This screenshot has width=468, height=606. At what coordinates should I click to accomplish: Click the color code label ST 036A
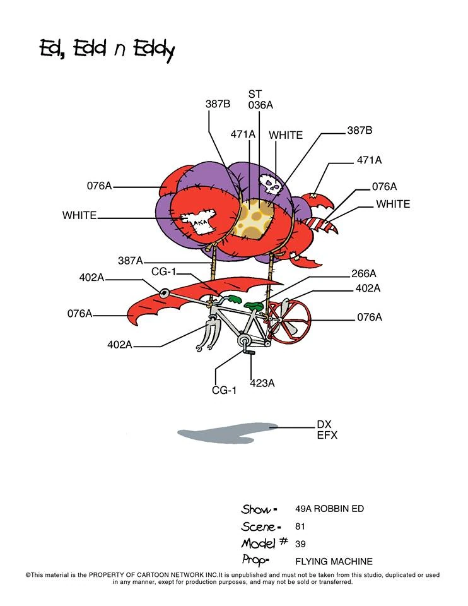click(x=260, y=99)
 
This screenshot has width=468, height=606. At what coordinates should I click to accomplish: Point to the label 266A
click(x=363, y=273)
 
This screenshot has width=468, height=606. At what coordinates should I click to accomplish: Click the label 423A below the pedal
click(x=262, y=383)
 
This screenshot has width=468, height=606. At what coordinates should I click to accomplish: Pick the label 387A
click(x=130, y=261)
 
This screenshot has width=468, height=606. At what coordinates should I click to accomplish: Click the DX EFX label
click(x=327, y=430)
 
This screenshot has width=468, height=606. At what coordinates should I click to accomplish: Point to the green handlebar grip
click(x=234, y=299)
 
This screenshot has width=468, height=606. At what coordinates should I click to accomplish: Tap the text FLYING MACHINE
click(x=334, y=561)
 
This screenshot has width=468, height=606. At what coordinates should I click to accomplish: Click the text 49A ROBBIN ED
click(x=329, y=509)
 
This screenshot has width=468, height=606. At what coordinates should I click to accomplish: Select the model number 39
click(x=300, y=544)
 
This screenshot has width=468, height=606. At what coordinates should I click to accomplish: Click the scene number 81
click(x=300, y=526)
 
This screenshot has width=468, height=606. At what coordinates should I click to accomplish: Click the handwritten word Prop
click(x=255, y=560)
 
